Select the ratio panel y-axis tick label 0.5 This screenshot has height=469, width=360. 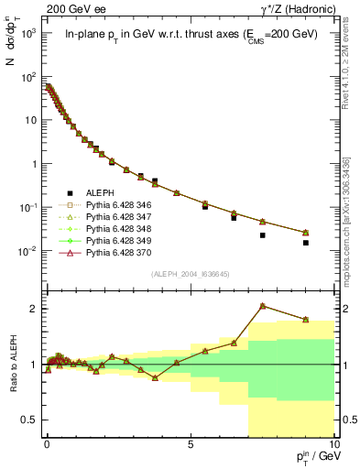(29, 420)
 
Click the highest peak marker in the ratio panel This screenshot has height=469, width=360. (263, 305)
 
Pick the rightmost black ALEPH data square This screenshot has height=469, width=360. (306, 243)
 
